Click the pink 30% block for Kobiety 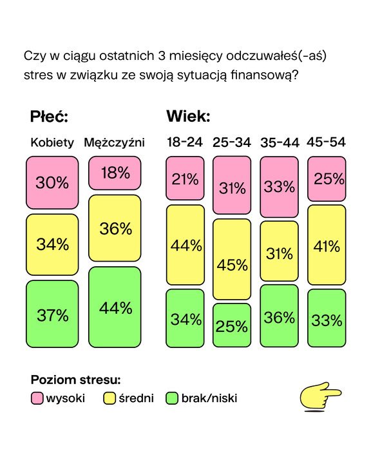click(52, 183)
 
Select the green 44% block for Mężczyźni click(115, 307)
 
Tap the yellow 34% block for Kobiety click(52, 244)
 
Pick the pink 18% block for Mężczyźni click(115, 173)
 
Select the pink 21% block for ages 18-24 click(185, 179)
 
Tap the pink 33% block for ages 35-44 click(279, 187)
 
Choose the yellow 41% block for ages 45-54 click(327, 245)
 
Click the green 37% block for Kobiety click(52, 315)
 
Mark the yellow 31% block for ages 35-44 click(279, 253)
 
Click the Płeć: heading click(49, 117)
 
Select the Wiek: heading click(187, 117)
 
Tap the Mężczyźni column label click(115, 142)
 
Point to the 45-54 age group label click(327, 142)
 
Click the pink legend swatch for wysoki click(37, 398)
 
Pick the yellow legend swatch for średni click(109, 398)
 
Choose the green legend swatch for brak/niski click(171, 398)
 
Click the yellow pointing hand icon click(321, 395)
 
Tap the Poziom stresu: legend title click(76, 380)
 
